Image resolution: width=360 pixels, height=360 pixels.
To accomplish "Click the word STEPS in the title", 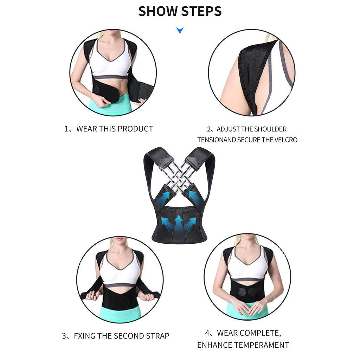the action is point(201,11).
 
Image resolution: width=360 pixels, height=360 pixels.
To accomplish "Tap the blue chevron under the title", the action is point(180,30).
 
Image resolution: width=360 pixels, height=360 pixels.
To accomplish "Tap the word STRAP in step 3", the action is point(157,336).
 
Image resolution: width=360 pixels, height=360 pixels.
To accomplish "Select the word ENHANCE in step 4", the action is point(214,345).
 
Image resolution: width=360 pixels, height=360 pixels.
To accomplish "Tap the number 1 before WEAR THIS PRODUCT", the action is point(66,129).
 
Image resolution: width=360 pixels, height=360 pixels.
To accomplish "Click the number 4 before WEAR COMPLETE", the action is point(207,333).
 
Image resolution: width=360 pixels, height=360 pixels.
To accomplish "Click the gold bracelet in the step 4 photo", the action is point(272,297).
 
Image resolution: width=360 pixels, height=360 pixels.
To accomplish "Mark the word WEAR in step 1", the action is point(85,129).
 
